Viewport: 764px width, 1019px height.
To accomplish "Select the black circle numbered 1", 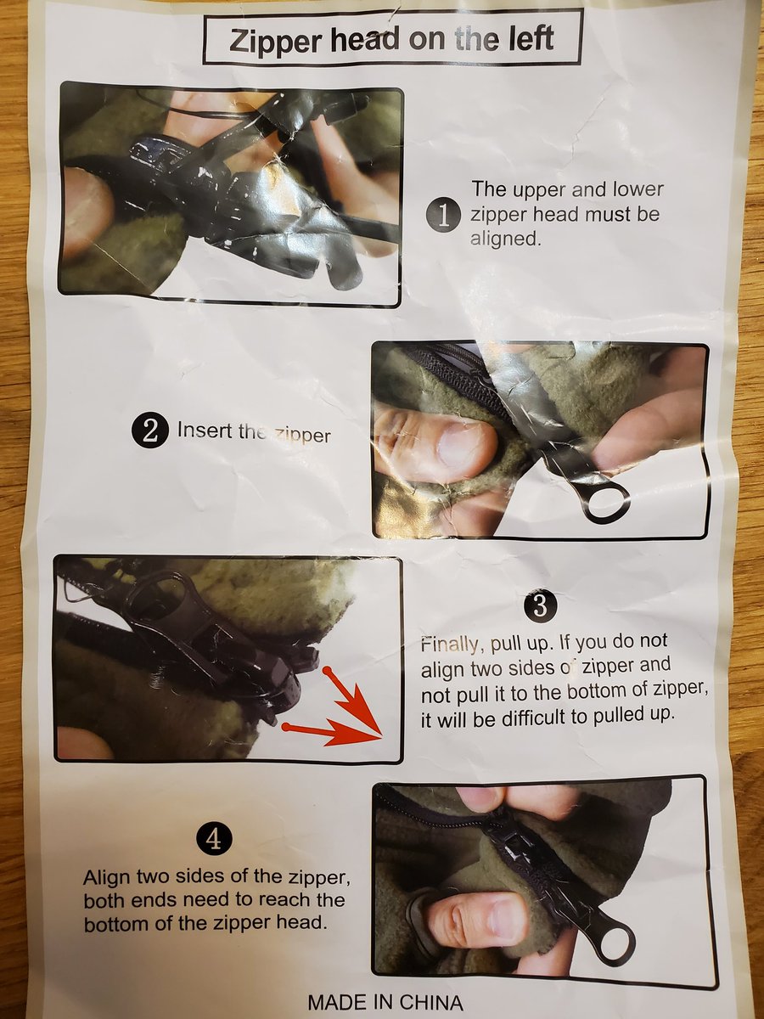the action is pyautogui.click(x=443, y=216).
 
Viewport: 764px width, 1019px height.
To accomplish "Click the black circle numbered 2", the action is pyautogui.click(x=149, y=431).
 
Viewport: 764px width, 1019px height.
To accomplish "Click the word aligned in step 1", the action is pyautogui.click(x=506, y=239).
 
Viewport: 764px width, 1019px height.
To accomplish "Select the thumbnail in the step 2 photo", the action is pyautogui.click(x=463, y=446).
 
